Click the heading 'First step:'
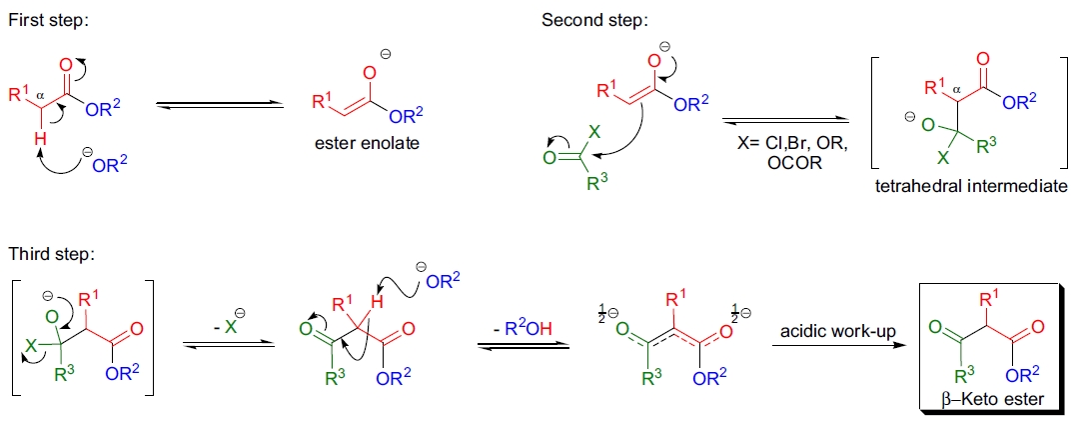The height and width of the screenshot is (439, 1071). point(48,21)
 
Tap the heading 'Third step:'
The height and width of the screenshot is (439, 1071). point(50,254)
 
